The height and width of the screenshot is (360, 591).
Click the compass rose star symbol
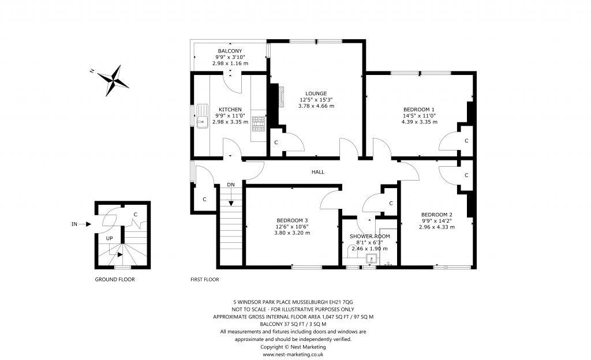coord(113,80)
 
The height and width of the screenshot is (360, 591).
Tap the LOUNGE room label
coord(316,93)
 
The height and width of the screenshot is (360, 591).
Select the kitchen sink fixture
coord(203,116)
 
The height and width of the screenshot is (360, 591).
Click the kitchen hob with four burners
coord(259,124)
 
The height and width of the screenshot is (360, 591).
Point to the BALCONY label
coord(230,51)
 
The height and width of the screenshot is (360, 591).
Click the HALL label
coord(318,172)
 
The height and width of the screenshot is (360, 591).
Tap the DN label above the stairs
coord(231,185)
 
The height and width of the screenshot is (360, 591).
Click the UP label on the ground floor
coord(109,238)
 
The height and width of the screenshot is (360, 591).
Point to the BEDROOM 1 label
coord(419,110)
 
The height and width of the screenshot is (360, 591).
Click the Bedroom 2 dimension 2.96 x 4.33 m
coord(436,227)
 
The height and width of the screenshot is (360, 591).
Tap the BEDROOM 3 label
coord(292,220)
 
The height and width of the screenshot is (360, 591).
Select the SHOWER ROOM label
coord(370,237)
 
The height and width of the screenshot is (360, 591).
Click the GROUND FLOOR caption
coord(115,279)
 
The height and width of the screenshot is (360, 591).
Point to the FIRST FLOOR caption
coord(205,279)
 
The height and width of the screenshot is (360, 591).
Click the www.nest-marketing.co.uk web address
coord(293,354)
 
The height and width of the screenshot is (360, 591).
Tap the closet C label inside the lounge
coord(276,142)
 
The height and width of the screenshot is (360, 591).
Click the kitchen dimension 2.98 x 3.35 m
coord(230,122)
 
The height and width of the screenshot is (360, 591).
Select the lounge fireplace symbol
coord(281,97)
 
